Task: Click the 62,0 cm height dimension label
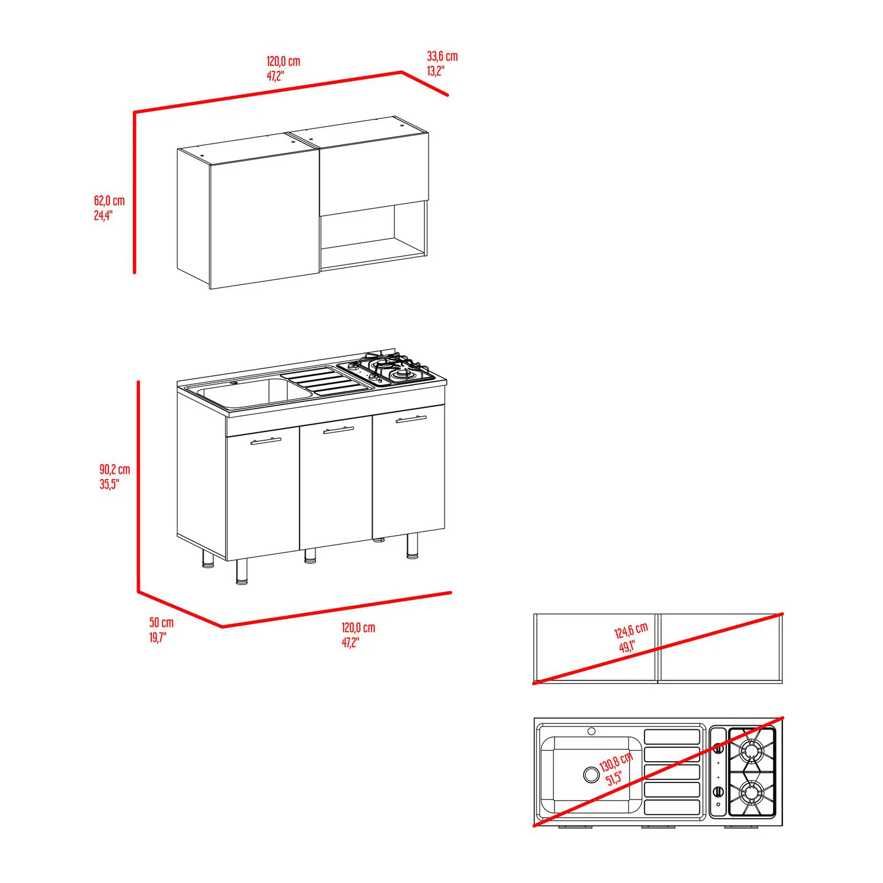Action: (109, 208)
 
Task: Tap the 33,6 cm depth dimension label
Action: (442, 63)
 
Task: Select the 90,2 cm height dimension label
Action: (114, 476)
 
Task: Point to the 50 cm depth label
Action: (161, 629)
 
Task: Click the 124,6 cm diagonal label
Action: (630, 638)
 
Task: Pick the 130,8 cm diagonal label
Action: (616, 769)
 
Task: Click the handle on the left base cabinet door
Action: (266, 440)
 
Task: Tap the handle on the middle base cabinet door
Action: (339, 430)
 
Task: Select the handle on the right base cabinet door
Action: (411, 419)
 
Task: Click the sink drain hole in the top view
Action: (591, 774)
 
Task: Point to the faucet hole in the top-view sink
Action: (592, 731)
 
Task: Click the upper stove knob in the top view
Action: (718, 749)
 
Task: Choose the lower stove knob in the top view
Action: (718, 792)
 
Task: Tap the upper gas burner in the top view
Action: (752, 750)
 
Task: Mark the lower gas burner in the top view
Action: (752, 792)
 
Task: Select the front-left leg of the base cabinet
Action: (241, 572)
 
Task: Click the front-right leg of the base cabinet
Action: (413, 546)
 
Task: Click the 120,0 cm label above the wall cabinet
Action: (283, 68)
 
